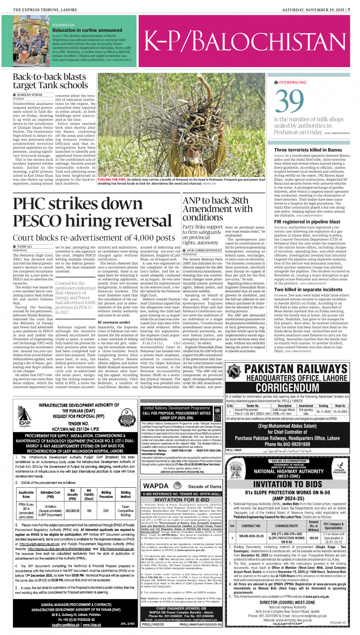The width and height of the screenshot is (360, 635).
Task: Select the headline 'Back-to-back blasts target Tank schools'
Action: (50, 81)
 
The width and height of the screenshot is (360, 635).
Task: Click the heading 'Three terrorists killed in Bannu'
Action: (307, 150)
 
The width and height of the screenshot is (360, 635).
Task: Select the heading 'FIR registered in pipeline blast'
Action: (307, 222)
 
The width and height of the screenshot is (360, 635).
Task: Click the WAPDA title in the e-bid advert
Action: (156, 486)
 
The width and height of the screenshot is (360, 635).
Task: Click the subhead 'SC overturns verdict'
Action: (114, 322)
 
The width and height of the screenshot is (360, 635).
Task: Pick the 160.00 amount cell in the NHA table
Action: (313, 538)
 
